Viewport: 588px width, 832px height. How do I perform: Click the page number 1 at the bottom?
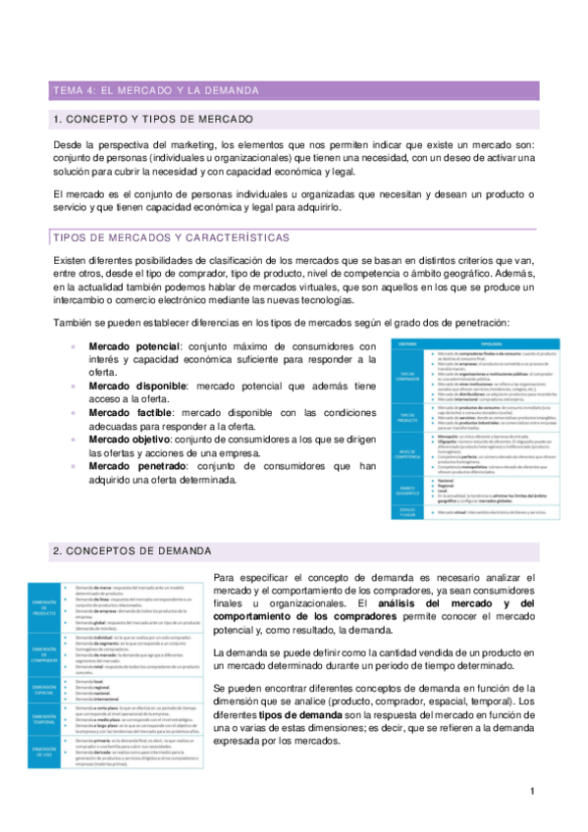(x=531, y=791)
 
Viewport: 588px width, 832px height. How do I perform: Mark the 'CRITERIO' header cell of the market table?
(x=409, y=343)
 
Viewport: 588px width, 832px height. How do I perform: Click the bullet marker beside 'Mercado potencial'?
(x=76, y=346)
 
